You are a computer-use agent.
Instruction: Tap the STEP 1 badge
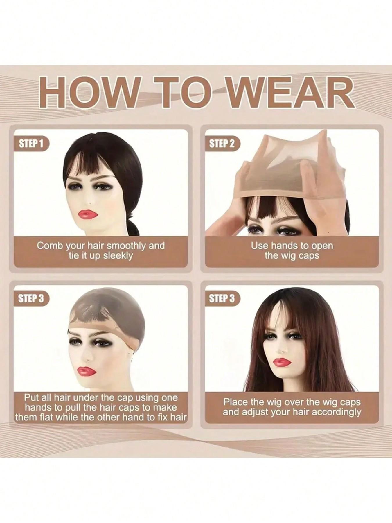[x=31, y=144]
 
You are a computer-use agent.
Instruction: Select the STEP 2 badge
[x=222, y=144]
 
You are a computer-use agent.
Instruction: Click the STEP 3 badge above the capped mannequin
[x=31, y=299]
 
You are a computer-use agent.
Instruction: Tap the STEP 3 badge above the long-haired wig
[x=222, y=299]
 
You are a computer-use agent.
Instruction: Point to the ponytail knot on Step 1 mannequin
[x=134, y=225]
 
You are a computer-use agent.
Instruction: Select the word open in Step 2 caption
[x=321, y=246]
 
